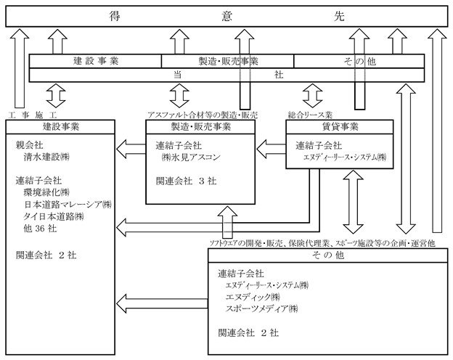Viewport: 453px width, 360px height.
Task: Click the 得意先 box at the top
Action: tap(226, 17)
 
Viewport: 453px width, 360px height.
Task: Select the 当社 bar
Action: tap(226, 75)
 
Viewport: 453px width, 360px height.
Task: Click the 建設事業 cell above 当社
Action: tap(95, 61)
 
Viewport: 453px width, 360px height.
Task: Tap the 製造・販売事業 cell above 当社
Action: tap(228, 61)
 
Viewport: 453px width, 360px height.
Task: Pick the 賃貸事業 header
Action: tap(340, 127)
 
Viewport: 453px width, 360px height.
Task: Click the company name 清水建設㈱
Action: tap(46, 157)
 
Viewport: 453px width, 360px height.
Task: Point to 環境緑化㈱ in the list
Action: tap(46, 192)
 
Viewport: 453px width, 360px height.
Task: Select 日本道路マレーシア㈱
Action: tap(68, 204)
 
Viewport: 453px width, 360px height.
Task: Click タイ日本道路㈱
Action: tap(54, 216)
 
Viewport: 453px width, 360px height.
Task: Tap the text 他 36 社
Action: tap(40, 229)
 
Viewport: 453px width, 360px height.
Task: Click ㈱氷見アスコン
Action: tap(191, 157)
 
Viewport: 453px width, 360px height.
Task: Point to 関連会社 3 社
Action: tap(186, 181)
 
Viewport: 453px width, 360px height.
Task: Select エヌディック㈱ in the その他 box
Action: tap(253, 297)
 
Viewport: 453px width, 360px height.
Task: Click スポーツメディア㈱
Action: tap(262, 308)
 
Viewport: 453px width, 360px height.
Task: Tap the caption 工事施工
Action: tap(33, 115)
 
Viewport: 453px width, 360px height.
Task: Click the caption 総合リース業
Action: tap(310, 115)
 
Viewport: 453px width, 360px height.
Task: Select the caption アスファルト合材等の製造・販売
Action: tap(203, 115)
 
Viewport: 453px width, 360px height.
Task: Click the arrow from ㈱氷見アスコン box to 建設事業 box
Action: tap(131, 149)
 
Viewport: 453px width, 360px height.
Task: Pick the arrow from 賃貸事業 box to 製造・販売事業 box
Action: tap(271, 149)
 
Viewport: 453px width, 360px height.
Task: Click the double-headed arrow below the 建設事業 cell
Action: tap(56, 96)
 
